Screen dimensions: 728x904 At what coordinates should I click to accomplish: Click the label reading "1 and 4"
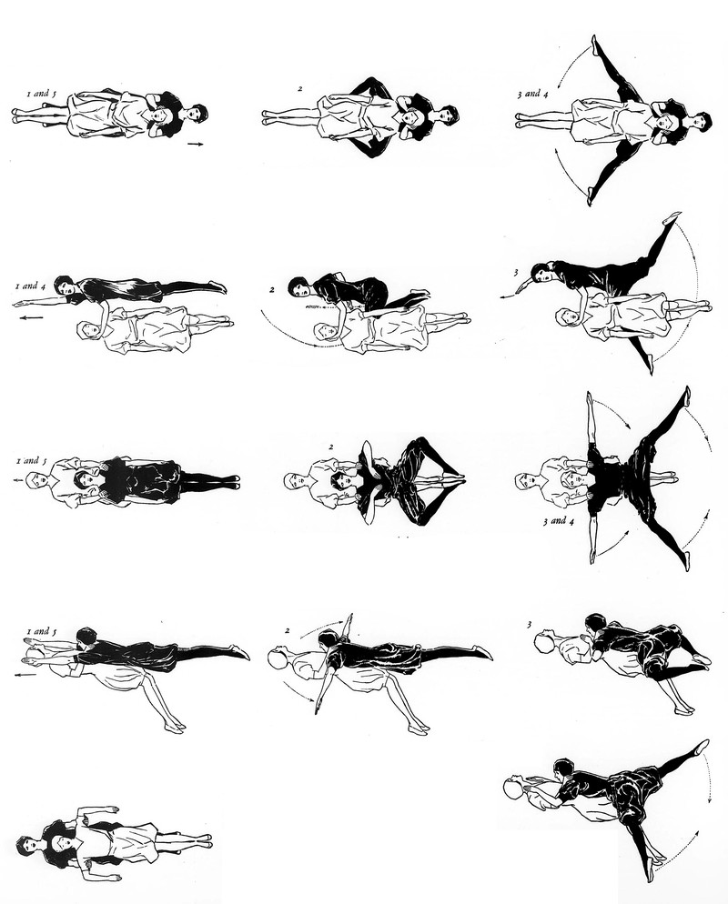pyautogui.click(x=27, y=286)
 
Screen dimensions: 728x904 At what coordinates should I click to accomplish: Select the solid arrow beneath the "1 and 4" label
pyautogui.click(x=32, y=317)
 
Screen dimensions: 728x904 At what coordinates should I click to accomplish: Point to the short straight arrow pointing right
pyautogui.click(x=196, y=144)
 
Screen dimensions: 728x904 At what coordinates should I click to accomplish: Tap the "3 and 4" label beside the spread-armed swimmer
pyautogui.click(x=559, y=521)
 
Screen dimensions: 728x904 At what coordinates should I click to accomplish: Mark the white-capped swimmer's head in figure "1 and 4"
pyautogui.click(x=88, y=330)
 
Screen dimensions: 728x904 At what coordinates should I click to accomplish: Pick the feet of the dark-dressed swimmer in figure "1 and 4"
pyautogui.click(x=217, y=286)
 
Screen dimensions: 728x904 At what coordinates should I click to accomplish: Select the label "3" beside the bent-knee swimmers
pyautogui.click(x=530, y=625)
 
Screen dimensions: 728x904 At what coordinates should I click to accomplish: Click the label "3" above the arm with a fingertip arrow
pyautogui.click(x=516, y=272)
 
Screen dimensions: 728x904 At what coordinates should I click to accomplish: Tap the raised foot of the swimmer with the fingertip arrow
pyautogui.click(x=672, y=218)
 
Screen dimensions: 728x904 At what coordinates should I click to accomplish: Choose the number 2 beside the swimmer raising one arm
pyautogui.click(x=287, y=630)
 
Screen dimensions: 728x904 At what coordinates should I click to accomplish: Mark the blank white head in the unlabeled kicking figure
pyautogui.click(x=513, y=788)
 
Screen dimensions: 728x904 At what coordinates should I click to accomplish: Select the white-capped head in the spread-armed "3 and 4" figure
pyautogui.click(x=523, y=481)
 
